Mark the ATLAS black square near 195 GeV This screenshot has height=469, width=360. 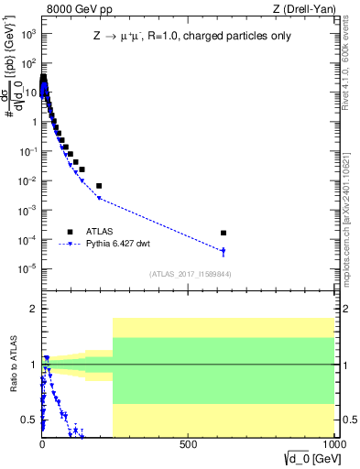pos(99,186)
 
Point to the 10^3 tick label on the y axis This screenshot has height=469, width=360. pos(27,34)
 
